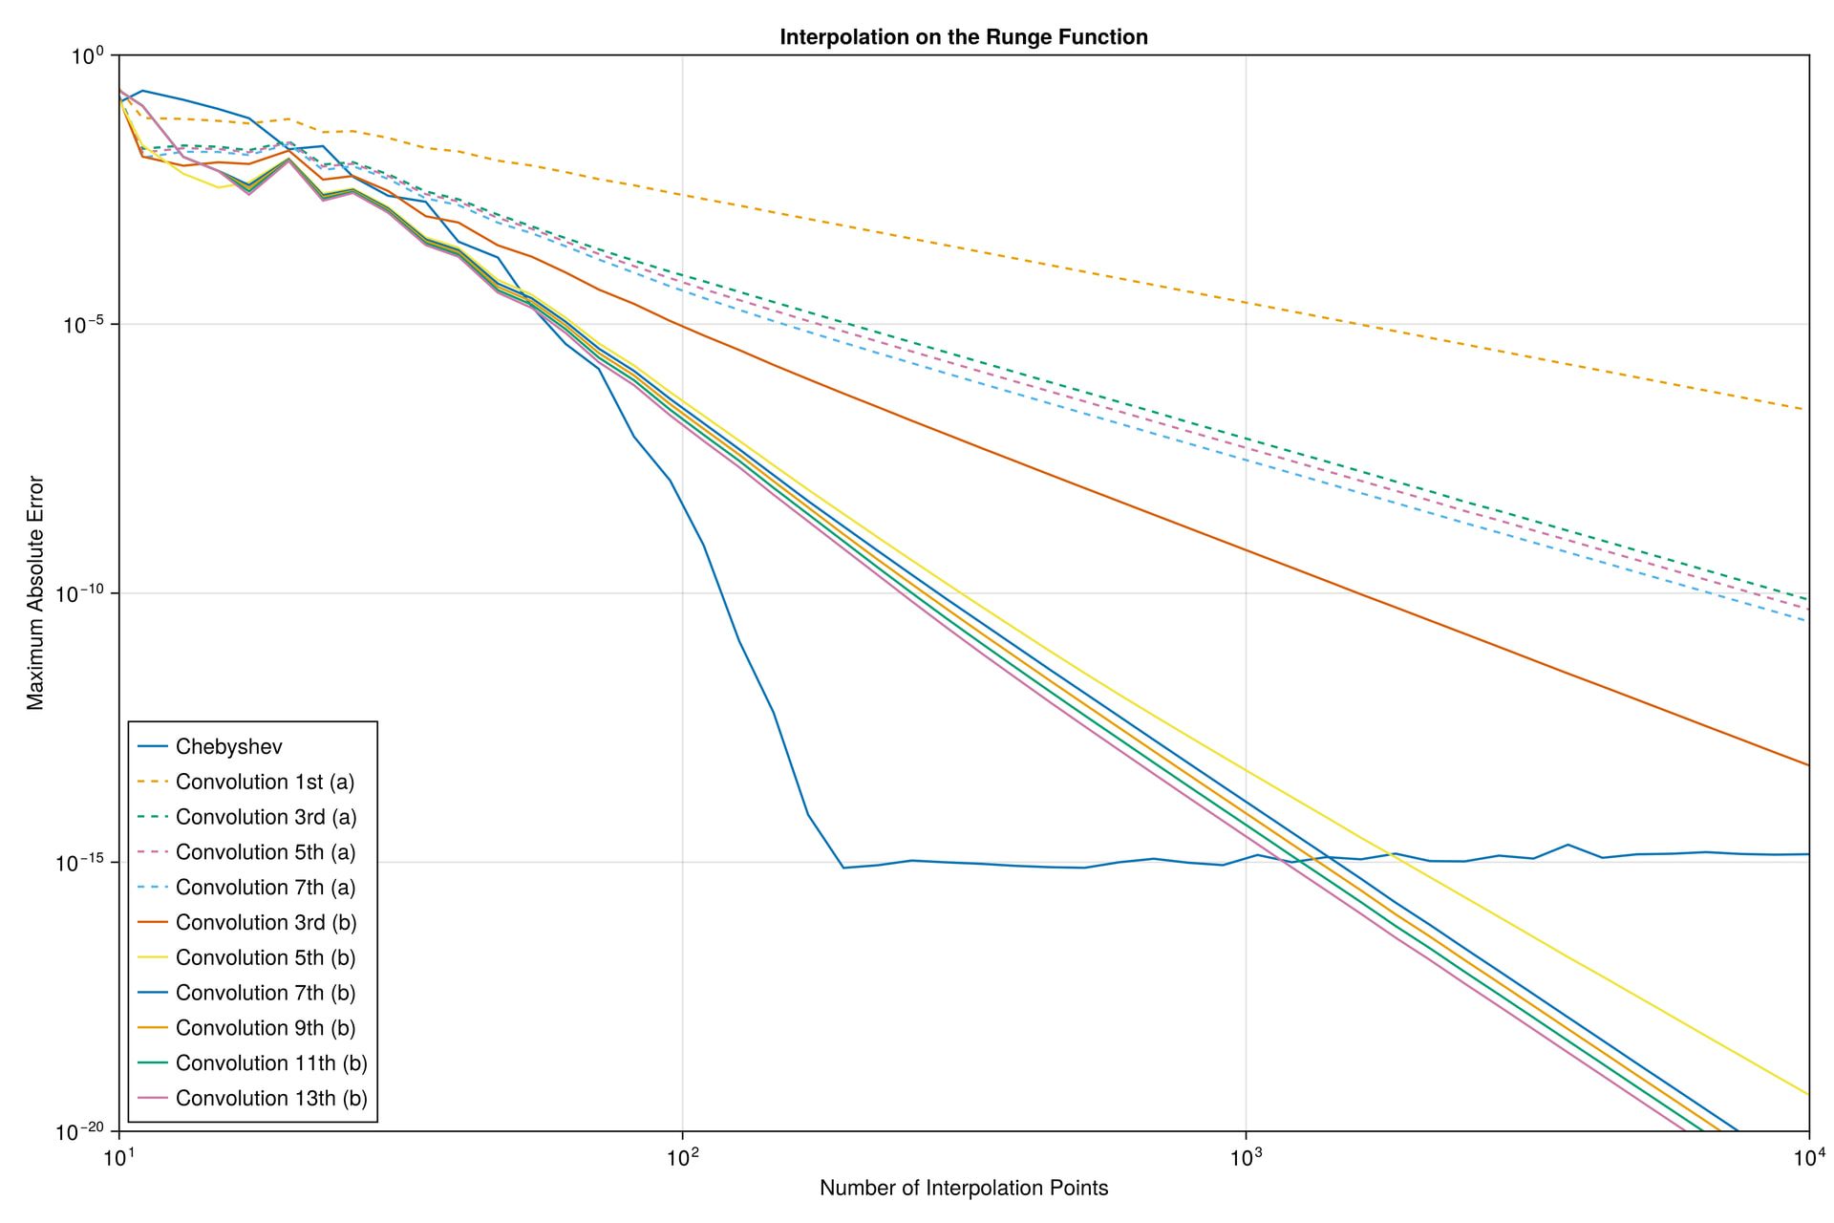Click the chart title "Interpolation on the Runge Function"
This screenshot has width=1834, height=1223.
pyautogui.click(x=963, y=37)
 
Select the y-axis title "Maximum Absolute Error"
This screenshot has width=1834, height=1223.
pyautogui.click(x=35, y=592)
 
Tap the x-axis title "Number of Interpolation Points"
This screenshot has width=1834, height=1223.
pyautogui.click(x=963, y=1188)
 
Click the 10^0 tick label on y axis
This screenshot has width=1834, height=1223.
pyautogui.click(x=92, y=56)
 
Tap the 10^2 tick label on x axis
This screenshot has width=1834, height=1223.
pyautogui.click(x=682, y=1158)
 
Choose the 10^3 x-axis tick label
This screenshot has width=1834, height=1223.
pyautogui.click(x=1246, y=1158)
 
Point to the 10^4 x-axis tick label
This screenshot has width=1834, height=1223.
pyautogui.click(x=1807, y=1158)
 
